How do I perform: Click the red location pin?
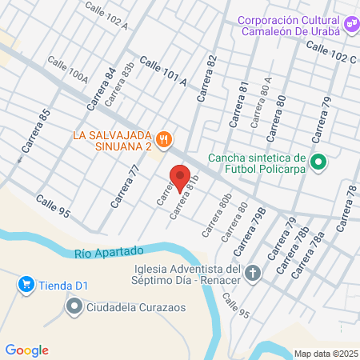pyautogui.click(x=179, y=177)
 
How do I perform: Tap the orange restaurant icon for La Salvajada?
pyautogui.click(x=164, y=138)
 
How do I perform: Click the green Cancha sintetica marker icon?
pyautogui.click(x=318, y=163)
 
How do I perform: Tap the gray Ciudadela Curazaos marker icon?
pyautogui.click(x=74, y=306)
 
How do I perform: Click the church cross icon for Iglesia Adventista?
pyautogui.click(x=253, y=274)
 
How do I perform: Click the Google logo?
pyautogui.click(x=27, y=350)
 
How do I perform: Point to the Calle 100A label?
pyautogui.click(x=68, y=70)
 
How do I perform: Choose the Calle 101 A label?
pyautogui.click(x=163, y=71)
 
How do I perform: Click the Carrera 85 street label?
pyautogui.click(x=38, y=126)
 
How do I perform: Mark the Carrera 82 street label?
pyautogui.click(x=206, y=77)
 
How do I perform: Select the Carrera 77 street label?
pyautogui.click(x=126, y=186)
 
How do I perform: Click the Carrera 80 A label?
pyautogui.click(x=261, y=103)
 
